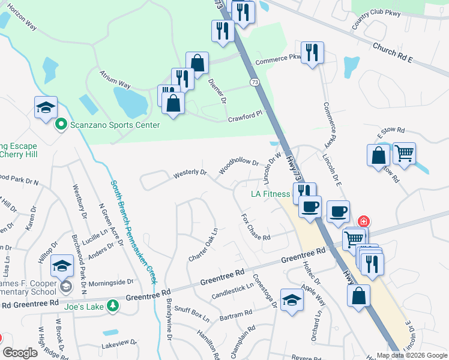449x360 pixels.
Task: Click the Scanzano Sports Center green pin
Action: [61, 125]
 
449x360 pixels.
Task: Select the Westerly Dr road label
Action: [190, 173]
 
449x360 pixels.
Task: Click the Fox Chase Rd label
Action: [256, 227]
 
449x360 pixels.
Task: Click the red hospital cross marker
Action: [363, 221]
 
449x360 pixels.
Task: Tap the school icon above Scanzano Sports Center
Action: [46, 107]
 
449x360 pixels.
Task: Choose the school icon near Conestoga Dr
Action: [292, 299]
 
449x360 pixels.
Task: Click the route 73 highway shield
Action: [256, 82]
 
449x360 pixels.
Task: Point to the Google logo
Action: [19, 353]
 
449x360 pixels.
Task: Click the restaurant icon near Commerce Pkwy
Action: [312, 53]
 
